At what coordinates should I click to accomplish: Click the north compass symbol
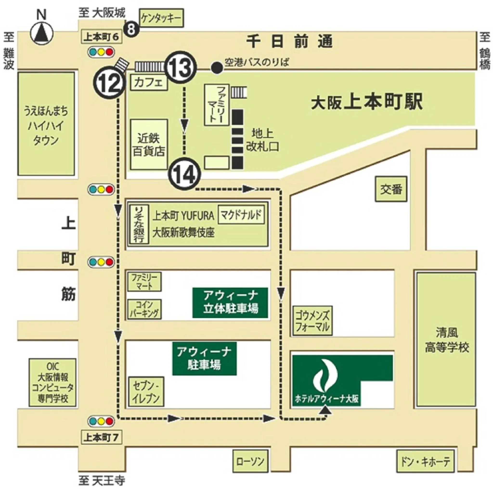pos(42,33)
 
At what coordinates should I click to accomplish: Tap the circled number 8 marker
pos(131,29)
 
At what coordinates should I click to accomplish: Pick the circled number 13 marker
pos(182,67)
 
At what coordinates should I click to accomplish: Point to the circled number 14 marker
pos(184,174)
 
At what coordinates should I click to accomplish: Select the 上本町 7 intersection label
pos(101,438)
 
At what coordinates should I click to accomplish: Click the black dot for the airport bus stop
pos(217,68)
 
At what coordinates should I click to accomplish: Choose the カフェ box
pos(149,82)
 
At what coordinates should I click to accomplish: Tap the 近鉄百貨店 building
pos(149,145)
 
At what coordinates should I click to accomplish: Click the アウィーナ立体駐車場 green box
pos(230,303)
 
